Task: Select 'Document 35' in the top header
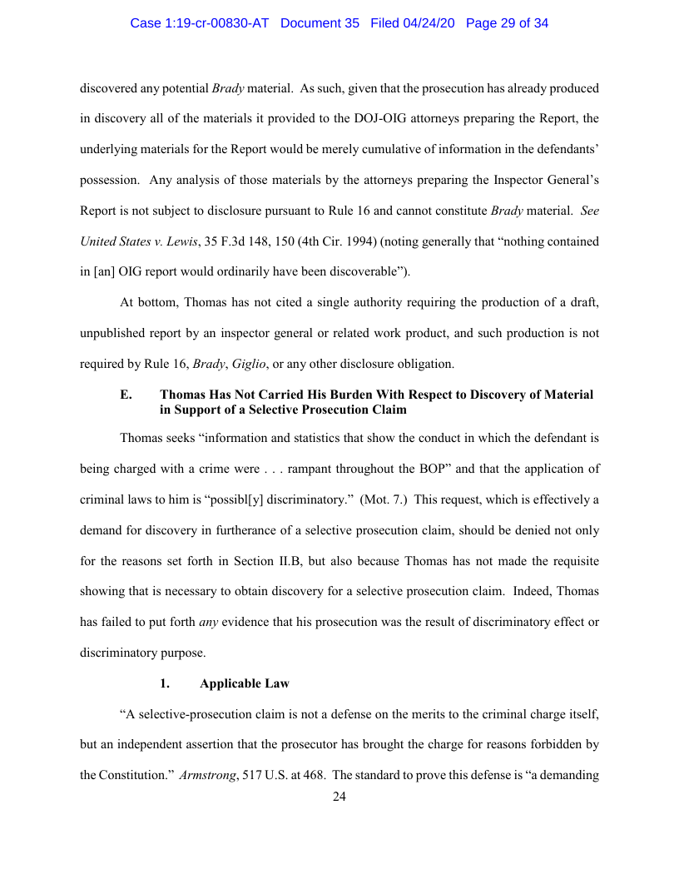[x=320, y=23]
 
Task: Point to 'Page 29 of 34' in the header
[x=507, y=23]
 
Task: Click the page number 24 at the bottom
[x=339, y=797]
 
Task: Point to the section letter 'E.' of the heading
[x=126, y=395]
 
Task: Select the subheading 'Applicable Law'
[x=245, y=683]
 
